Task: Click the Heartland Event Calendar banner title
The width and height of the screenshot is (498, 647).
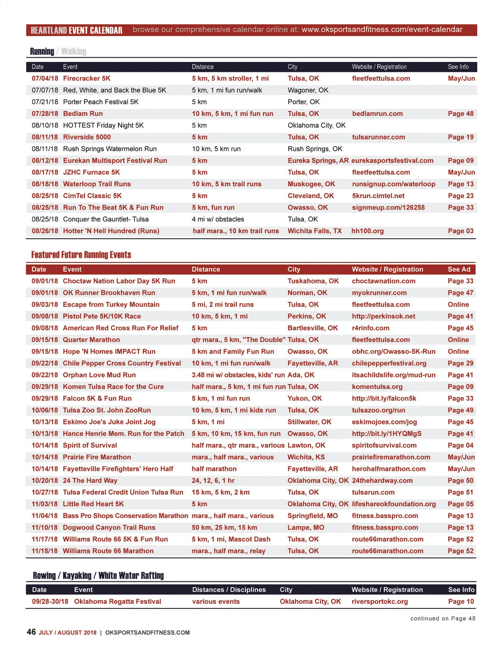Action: pos(76,30)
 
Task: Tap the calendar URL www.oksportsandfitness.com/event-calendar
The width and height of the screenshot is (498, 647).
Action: pos(382,29)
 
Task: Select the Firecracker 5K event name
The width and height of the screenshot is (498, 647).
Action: pos(87,78)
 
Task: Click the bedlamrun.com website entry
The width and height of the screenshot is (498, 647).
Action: pos(377,114)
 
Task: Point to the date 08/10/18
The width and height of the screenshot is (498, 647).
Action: pos(45,125)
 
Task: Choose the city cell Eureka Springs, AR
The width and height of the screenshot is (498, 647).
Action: pos(318,161)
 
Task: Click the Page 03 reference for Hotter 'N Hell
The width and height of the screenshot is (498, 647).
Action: pos(461,231)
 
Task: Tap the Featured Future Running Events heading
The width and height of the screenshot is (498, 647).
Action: pos(81,255)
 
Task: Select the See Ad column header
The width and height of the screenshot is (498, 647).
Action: pos(459,269)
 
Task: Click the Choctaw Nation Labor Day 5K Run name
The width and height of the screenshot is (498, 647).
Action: pos(119,281)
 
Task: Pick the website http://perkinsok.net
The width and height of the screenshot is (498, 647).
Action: pos(383,316)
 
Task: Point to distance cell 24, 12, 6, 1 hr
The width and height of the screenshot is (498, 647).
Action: pos(213,480)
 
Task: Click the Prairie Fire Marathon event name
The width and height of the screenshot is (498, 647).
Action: pos(97,457)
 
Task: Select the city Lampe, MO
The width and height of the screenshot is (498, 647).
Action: pos(306,527)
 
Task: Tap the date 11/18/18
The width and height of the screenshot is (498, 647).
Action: pos(45,551)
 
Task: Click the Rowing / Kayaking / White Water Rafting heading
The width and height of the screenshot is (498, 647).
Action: pos(98,576)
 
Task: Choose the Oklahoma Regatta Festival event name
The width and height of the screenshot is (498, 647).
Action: pos(117,601)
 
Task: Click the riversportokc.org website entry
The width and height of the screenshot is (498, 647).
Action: pos(380,601)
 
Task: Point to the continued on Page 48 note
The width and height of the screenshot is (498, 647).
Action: pos(443,618)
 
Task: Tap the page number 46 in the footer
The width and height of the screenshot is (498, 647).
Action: pos(31,632)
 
